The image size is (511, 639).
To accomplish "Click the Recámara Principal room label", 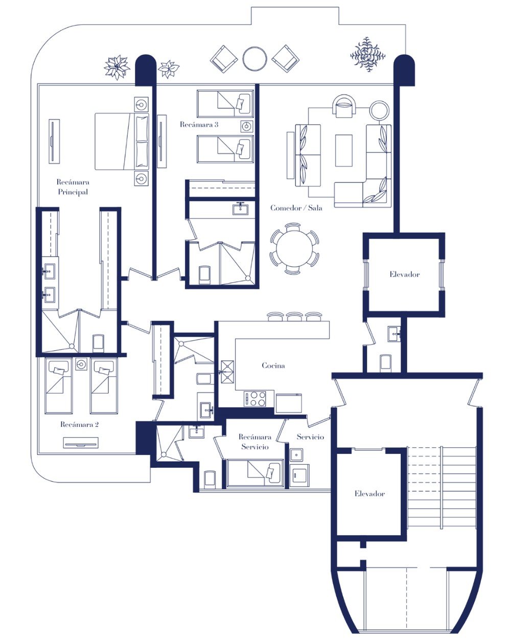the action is tap(73, 187).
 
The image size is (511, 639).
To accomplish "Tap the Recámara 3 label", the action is tap(199, 124).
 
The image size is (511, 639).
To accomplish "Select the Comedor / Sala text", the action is tap(296, 208).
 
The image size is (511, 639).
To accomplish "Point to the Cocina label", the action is tap(273, 366).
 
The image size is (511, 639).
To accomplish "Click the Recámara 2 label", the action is tap(79, 425).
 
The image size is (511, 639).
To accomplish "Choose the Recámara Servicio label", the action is tap(255, 442).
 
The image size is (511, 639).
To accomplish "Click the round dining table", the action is tap(294, 248).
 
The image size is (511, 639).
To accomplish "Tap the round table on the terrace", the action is tap(254, 59).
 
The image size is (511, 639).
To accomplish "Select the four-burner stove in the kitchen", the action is tap(255, 399).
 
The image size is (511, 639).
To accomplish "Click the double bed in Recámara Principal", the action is tap(122, 141).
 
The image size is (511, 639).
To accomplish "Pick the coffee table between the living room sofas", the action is tap(344, 150).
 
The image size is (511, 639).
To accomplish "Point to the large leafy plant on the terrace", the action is tap(368, 55).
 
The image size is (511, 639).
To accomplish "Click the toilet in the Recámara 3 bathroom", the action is tap(204, 273).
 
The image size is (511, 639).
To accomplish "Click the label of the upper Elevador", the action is tap(404, 275).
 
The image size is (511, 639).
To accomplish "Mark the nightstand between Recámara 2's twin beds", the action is tap(81, 364).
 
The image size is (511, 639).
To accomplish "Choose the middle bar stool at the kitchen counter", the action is tap(294, 316).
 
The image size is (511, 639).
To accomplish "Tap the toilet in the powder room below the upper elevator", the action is tap(385, 362).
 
